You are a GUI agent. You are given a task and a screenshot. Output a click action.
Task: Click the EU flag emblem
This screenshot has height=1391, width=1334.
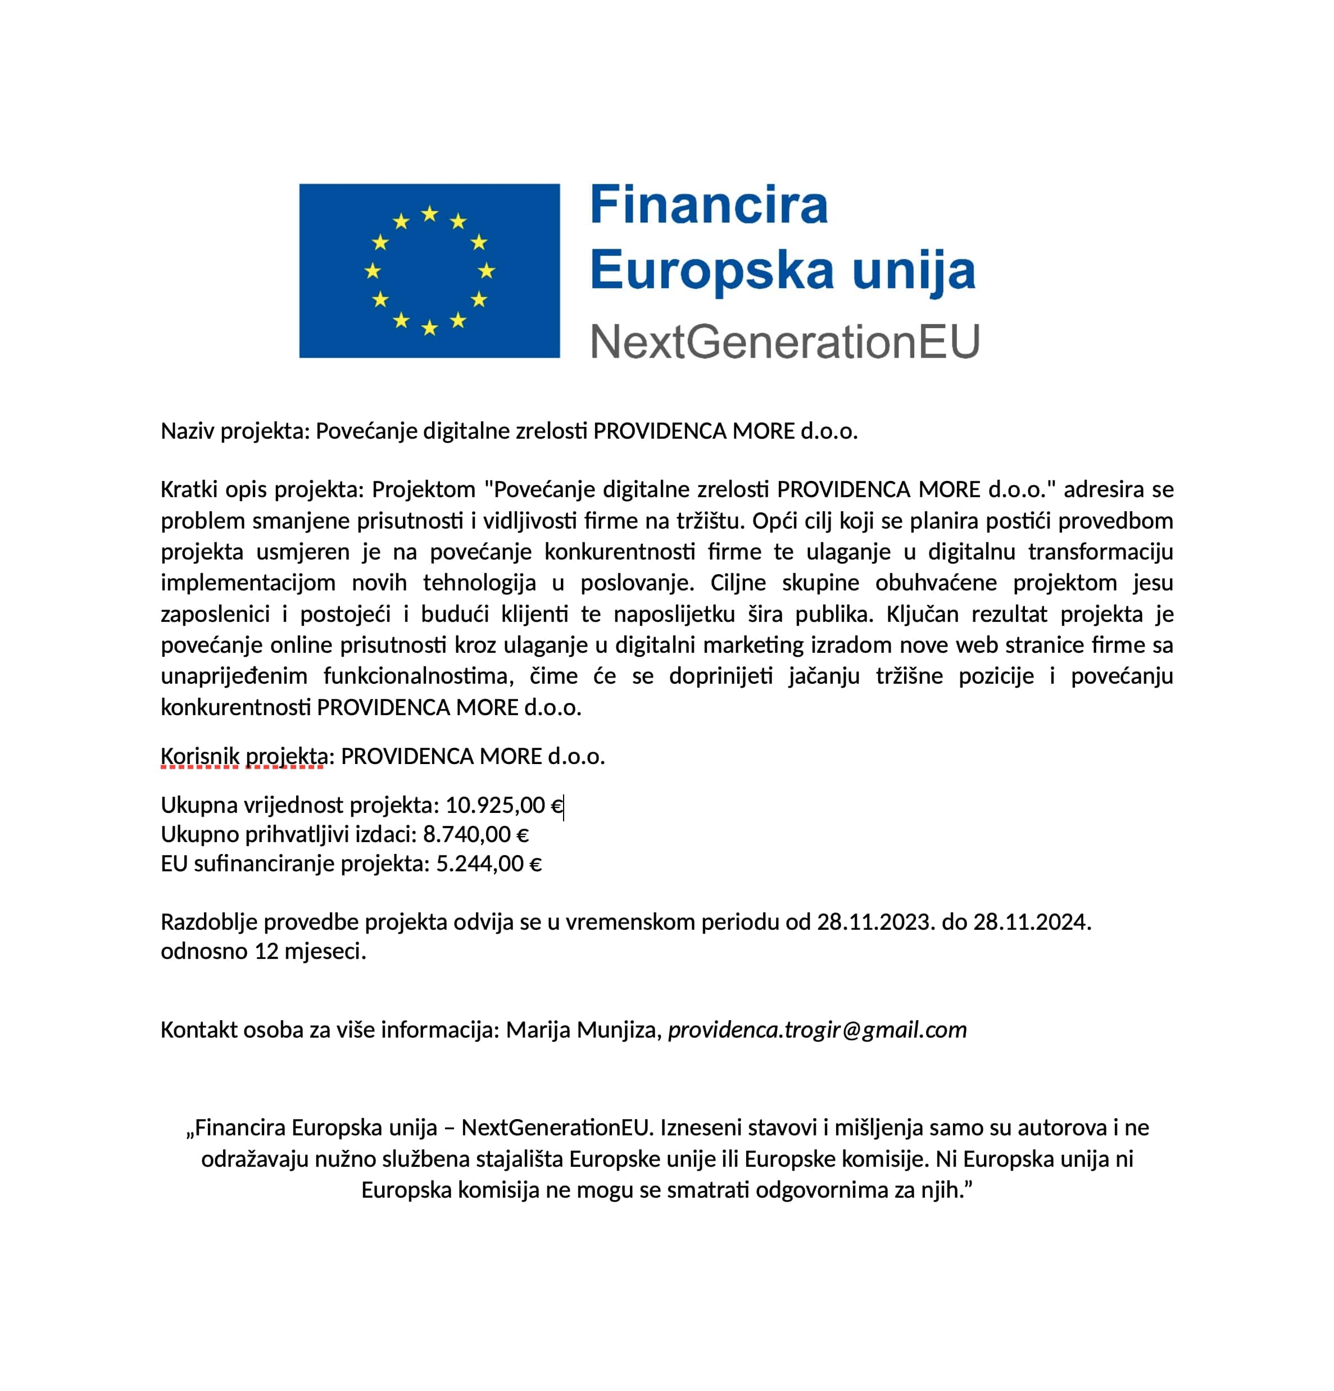429,270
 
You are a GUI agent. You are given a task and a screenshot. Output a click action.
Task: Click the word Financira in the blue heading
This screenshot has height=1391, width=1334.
709,205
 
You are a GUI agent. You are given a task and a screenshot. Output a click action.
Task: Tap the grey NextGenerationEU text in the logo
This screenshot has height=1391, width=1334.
784,342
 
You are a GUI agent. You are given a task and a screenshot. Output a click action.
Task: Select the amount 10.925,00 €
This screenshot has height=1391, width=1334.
503,806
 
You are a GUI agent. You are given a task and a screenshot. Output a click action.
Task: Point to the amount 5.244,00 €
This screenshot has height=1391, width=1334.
488,863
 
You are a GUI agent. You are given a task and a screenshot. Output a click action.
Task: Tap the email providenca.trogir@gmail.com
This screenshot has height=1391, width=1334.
817,1030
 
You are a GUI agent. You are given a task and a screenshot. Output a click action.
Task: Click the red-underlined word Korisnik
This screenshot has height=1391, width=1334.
199,757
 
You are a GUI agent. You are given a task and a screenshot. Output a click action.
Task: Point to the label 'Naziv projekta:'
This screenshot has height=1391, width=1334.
235,431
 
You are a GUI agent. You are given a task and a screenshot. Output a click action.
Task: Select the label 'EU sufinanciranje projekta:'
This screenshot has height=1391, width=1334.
294,863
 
